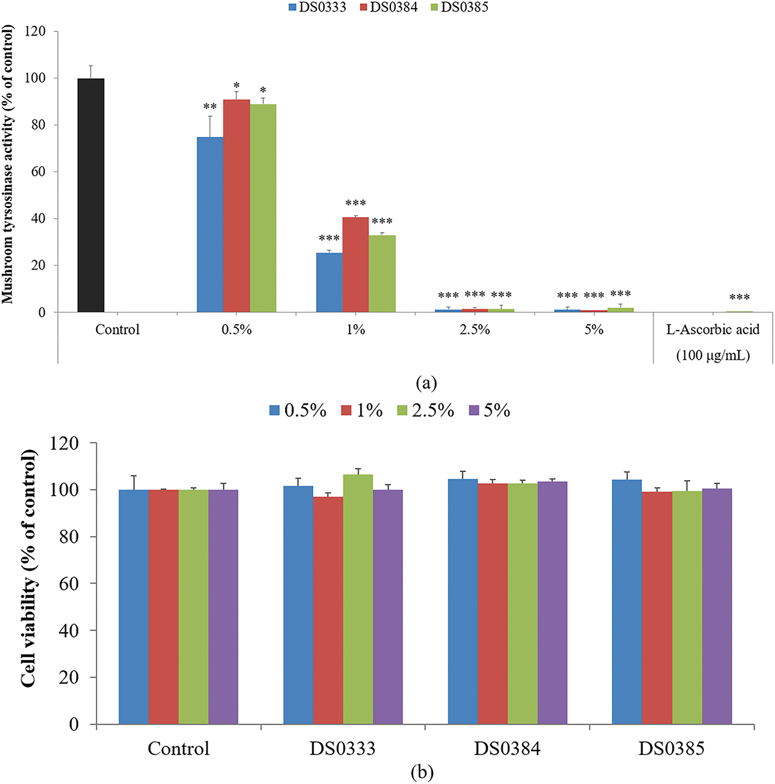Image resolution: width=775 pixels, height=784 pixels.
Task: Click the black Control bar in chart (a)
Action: pos(91,195)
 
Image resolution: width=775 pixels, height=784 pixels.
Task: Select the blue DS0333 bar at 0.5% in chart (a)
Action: pos(210,225)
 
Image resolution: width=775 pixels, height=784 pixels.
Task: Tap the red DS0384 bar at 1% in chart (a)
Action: pos(356,265)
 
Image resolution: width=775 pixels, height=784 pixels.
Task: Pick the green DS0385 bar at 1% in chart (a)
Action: pos(382,274)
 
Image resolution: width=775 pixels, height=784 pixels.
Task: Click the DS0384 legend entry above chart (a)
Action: pos(388,7)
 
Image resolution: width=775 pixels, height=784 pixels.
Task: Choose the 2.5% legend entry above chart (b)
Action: pos(426,411)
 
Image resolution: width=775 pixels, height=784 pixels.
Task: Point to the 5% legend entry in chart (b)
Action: pos(490,411)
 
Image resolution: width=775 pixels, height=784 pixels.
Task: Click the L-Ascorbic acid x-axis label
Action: pos(713,329)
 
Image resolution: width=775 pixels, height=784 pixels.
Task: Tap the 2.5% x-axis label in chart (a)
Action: pos(475,329)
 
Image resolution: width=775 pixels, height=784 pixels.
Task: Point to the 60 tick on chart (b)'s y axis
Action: pos(68,584)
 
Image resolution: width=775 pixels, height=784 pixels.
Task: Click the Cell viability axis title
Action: pos(29,568)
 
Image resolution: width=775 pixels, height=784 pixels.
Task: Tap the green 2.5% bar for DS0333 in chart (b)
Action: pos(358,599)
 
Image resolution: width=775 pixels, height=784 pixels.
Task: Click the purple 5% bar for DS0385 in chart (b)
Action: pos(717,607)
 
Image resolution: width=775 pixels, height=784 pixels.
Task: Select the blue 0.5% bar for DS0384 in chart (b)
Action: pos(462,602)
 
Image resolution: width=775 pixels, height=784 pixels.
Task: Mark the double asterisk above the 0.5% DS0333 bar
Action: pos(210,107)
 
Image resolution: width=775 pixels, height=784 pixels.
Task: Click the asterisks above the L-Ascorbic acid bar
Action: pos(739,297)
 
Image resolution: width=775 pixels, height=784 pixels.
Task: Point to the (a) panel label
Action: pos(426,383)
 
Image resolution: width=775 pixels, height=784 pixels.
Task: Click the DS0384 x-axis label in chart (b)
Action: pos(507,749)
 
